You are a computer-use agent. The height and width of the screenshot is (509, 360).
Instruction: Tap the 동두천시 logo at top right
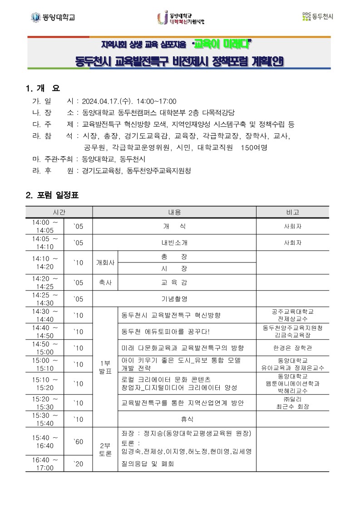tap(317, 17)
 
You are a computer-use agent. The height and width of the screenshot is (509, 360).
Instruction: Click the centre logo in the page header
tap(181, 18)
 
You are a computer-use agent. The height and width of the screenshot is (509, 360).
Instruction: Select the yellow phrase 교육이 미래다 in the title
tap(222, 44)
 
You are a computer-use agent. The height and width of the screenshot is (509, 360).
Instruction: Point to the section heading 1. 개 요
tap(43, 88)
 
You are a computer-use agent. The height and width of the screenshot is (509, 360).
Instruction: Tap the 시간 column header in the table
tap(59, 212)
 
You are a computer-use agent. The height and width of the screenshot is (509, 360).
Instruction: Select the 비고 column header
tap(292, 212)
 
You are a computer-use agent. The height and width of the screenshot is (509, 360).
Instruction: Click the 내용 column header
tap(174, 212)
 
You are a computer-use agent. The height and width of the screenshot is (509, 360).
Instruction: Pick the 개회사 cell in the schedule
tap(105, 262)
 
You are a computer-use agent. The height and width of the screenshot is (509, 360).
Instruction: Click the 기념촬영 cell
tap(174, 299)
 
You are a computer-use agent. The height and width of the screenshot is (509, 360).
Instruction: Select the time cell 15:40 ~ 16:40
tap(45, 442)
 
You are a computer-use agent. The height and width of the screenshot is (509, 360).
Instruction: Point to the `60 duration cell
tap(79, 442)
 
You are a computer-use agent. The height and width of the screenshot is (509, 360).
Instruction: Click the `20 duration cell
tap(79, 464)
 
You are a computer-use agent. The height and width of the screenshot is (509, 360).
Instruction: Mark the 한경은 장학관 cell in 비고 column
tap(292, 348)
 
